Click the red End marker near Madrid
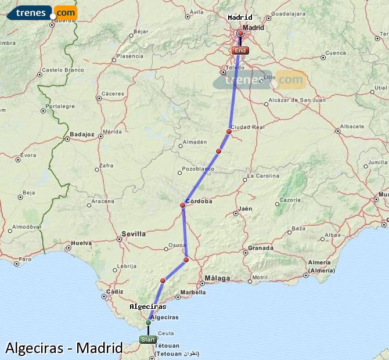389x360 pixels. point(240,51)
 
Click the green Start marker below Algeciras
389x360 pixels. point(147,340)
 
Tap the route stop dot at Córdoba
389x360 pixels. point(182,205)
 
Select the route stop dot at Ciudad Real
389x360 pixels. point(229,131)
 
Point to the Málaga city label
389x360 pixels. point(218,279)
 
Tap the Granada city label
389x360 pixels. point(260,248)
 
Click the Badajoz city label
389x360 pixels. point(81,134)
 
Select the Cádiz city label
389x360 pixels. point(114,292)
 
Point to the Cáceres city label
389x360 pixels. point(112,93)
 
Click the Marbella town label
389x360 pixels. point(194,292)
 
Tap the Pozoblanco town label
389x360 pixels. point(198,169)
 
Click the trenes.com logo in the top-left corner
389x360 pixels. point(42,12)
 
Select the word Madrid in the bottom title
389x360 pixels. point(99,348)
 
